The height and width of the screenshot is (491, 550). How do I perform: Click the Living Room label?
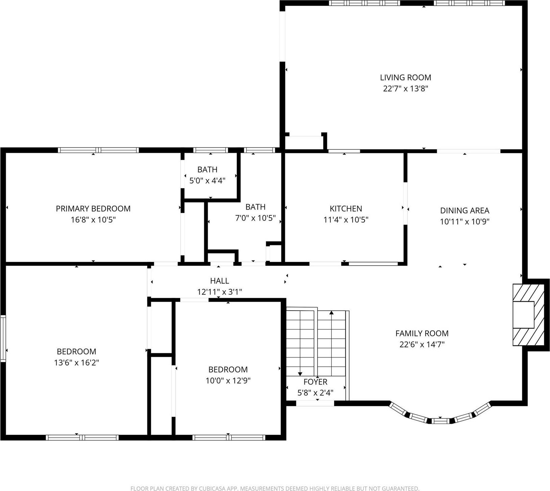click(x=405, y=77)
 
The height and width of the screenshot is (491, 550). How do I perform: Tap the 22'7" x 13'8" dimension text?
click(x=405, y=89)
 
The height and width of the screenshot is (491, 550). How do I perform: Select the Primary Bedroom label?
click(x=93, y=208)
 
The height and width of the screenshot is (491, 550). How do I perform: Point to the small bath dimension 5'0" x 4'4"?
click(x=207, y=181)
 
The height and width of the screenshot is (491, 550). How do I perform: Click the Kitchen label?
click(x=346, y=208)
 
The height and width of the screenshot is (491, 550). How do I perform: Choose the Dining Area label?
click(x=464, y=211)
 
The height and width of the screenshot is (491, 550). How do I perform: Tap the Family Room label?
click(x=422, y=334)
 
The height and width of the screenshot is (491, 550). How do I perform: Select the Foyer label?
click(x=315, y=382)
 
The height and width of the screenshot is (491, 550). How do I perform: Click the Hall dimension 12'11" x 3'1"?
click(x=220, y=292)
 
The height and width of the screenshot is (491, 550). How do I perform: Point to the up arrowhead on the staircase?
click(x=331, y=313)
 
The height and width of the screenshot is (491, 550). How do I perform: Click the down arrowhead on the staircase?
click(x=300, y=373)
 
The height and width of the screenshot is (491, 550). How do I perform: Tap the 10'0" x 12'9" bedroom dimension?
click(x=228, y=381)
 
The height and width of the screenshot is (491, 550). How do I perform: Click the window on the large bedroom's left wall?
click(x=3, y=338)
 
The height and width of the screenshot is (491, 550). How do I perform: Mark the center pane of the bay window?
click(x=440, y=421)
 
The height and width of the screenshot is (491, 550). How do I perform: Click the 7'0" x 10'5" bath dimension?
click(x=255, y=218)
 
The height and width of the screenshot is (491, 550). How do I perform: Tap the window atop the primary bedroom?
click(x=98, y=150)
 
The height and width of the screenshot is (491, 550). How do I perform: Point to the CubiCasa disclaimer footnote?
click(x=275, y=488)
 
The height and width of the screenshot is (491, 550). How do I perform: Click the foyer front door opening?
click(x=315, y=403)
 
